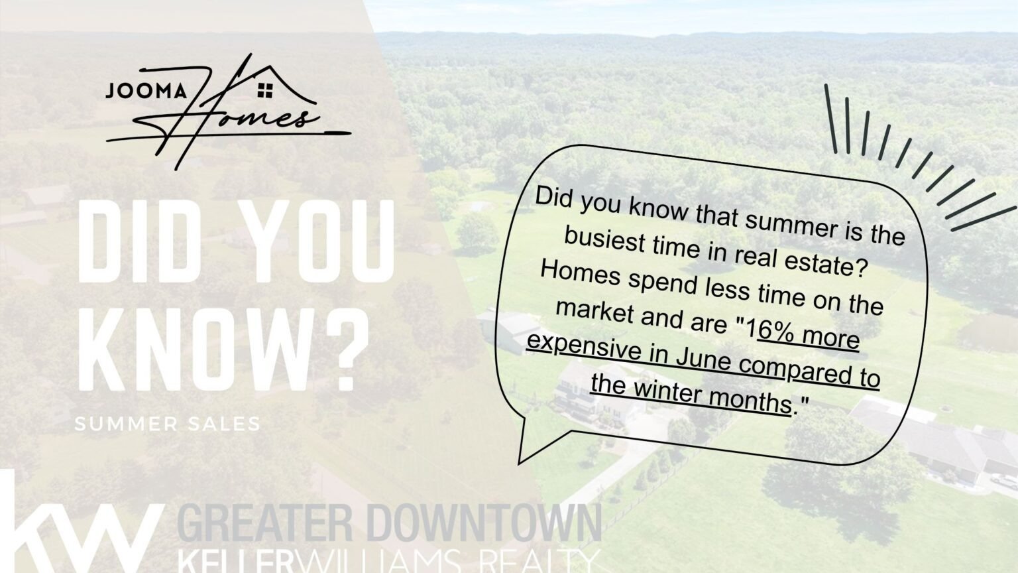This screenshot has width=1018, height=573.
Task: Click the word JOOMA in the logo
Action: [x=146, y=91]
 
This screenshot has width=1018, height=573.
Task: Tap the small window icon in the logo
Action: [x=265, y=90]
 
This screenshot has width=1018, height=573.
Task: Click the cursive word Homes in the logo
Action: [x=227, y=113]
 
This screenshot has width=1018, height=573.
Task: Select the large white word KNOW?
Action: [x=222, y=351]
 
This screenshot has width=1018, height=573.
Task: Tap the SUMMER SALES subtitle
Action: [x=167, y=424]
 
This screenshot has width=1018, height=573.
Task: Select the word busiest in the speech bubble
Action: [x=604, y=239]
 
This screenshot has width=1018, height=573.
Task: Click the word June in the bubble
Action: [x=704, y=361]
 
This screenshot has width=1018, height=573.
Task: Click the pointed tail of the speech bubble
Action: [x=520, y=464]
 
